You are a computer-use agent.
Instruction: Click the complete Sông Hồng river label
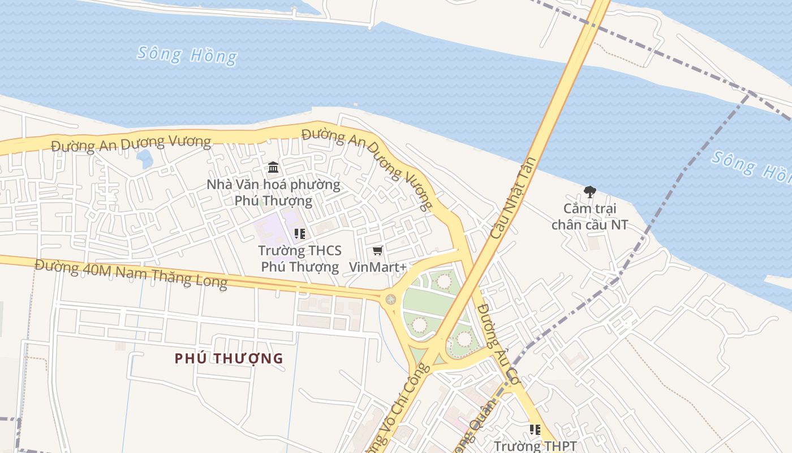click(187, 55)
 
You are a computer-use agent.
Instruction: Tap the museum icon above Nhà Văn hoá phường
click(273, 167)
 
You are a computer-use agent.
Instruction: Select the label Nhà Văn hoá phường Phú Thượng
click(273, 193)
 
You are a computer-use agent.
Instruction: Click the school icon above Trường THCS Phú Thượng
click(300, 233)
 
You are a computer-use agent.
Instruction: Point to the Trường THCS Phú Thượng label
click(300, 258)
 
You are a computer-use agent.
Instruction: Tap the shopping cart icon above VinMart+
click(377, 250)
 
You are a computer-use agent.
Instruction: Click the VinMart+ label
click(377, 266)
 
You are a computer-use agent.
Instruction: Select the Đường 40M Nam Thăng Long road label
click(131, 273)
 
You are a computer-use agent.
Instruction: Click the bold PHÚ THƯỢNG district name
click(229, 358)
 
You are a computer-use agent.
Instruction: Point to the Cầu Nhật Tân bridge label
click(513, 198)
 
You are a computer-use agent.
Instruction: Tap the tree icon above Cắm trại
click(589, 192)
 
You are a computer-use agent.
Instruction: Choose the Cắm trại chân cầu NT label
click(589, 216)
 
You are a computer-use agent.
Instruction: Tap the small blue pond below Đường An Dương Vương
click(145, 159)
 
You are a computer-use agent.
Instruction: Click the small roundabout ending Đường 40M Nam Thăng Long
click(390, 299)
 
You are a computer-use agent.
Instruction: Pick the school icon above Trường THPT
click(535, 430)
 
